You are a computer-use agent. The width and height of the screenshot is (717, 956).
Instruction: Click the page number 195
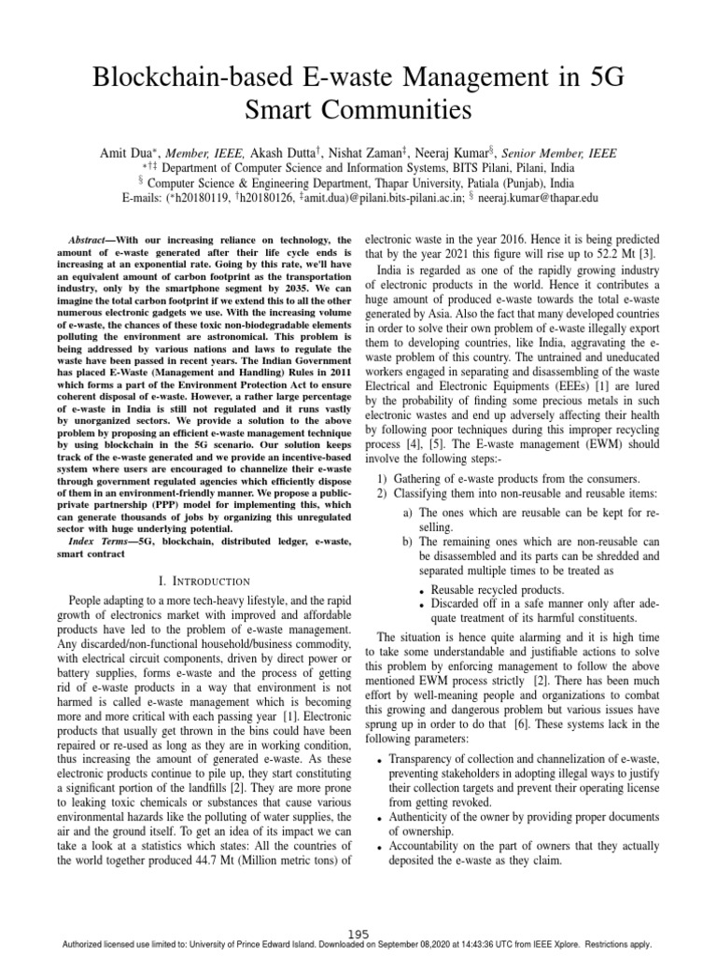tap(358, 934)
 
